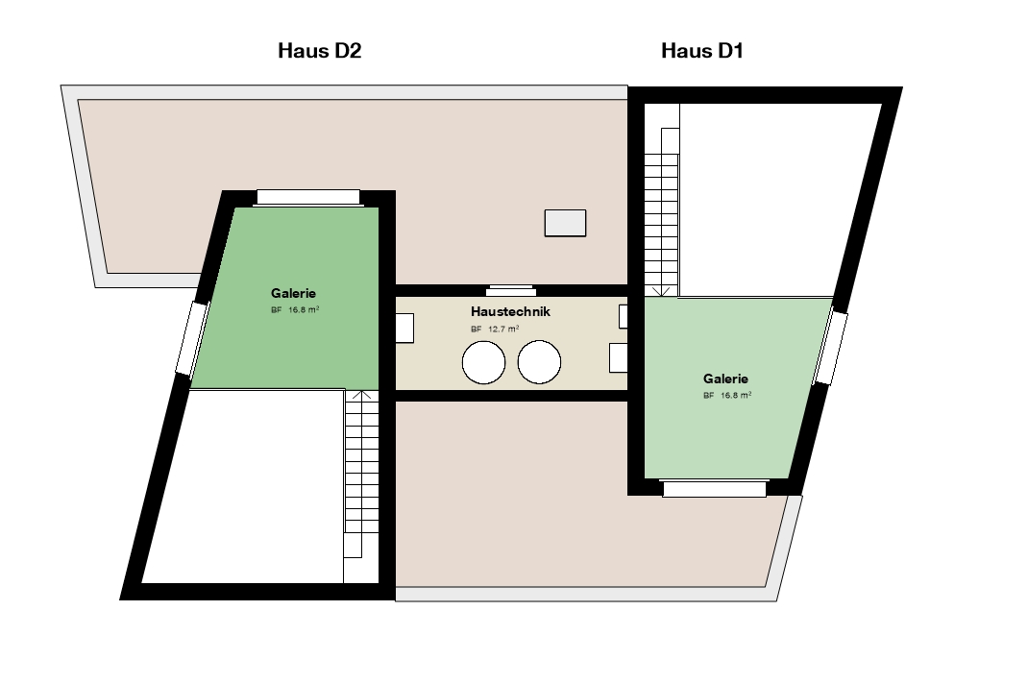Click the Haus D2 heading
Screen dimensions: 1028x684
point(319,51)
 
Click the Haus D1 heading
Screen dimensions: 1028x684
point(701,51)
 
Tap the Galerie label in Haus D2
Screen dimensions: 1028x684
point(293,293)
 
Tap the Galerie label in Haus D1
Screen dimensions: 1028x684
point(725,379)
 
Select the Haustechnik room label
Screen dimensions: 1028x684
point(510,311)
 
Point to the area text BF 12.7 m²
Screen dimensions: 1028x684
point(495,329)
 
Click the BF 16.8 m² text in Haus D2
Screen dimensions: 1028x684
point(295,309)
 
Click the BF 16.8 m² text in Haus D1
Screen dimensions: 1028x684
point(727,395)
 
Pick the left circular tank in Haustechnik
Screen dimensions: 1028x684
point(484,362)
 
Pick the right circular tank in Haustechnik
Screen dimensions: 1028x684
point(539,362)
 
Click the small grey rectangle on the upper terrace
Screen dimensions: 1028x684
point(565,223)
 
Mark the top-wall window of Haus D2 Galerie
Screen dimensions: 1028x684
point(308,197)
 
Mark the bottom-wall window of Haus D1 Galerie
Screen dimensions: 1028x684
point(714,489)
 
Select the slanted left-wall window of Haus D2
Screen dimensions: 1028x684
point(192,338)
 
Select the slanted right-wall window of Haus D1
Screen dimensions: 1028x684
point(830,348)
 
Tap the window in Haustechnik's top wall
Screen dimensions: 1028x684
point(511,290)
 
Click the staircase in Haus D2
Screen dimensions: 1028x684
point(361,485)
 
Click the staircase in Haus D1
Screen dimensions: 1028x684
point(662,200)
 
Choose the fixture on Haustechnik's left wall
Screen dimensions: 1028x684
point(404,328)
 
